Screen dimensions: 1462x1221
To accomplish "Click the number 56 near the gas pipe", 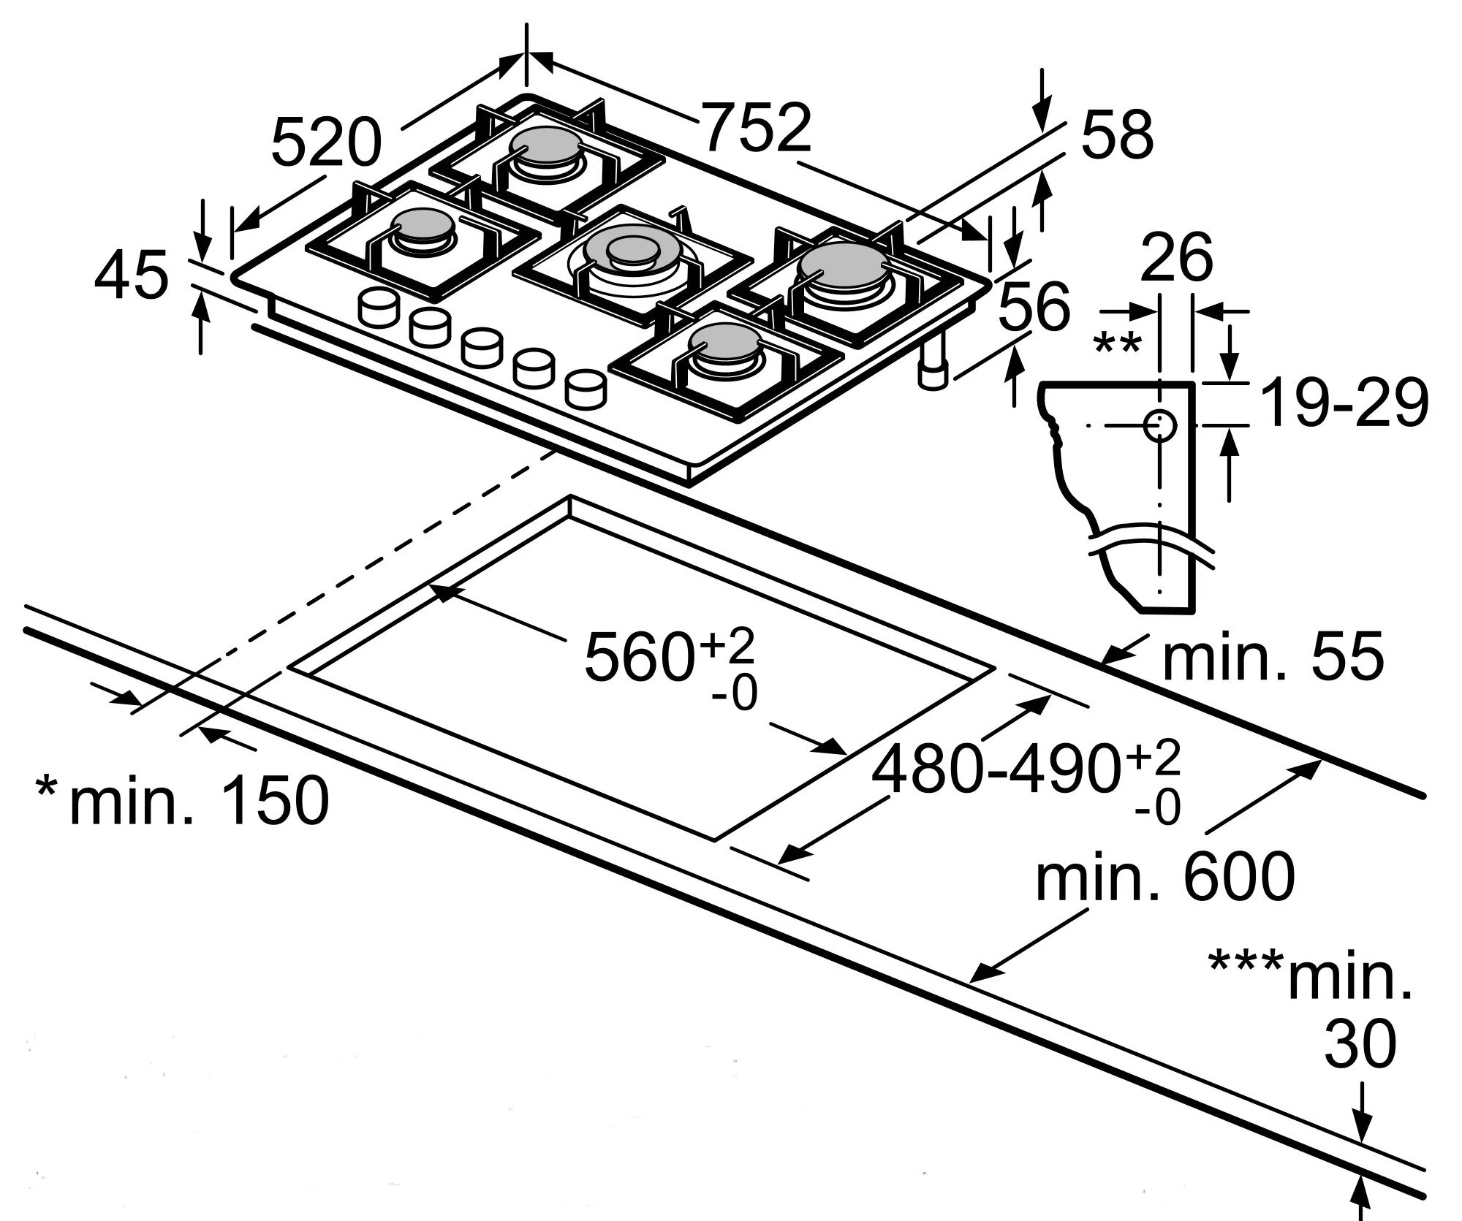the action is [1034, 306].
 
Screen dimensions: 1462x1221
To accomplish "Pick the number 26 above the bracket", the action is [1176, 256].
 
